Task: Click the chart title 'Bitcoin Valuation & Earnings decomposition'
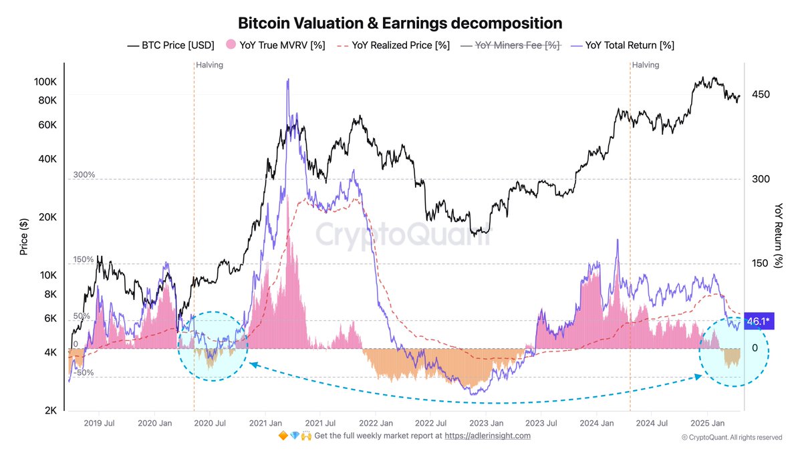400,23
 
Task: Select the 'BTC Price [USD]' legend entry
170,45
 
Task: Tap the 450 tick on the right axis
761,94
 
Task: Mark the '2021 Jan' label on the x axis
265,423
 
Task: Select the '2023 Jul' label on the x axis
543,423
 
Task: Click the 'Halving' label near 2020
210,65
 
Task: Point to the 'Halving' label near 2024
646,65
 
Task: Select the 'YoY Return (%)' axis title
779,236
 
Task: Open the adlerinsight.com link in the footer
487,436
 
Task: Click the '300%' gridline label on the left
84,174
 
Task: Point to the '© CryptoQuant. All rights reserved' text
732,438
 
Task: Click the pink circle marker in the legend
230,45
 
